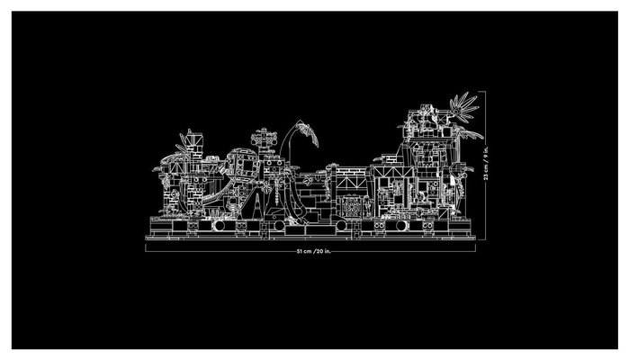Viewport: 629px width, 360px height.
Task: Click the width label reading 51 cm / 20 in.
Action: (x=314, y=252)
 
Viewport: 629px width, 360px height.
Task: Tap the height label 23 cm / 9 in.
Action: (x=486, y=162)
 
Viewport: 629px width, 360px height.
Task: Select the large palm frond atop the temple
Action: (x=464, y=104)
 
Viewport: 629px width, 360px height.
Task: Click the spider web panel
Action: (x=351, y=207)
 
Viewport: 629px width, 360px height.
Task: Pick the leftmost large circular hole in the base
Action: (x=220, y=226)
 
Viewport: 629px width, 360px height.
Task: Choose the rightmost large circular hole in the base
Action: (x=401, y=226)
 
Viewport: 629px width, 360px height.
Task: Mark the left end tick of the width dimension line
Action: (x=146, y=248)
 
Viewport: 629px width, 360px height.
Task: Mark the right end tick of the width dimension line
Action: (x=475, y=248)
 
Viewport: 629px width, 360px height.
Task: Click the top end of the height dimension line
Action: (x=486, y=92)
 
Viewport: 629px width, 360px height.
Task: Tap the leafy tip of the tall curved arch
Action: (x=310, y=133)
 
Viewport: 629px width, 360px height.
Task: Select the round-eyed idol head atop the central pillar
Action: (x=264, y=139)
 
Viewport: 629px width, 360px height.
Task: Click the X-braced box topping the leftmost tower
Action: (x=195, y=140)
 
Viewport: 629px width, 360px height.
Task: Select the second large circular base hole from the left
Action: (x=280, y=226)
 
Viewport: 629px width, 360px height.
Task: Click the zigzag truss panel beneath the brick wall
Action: (x=352, y=183)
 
